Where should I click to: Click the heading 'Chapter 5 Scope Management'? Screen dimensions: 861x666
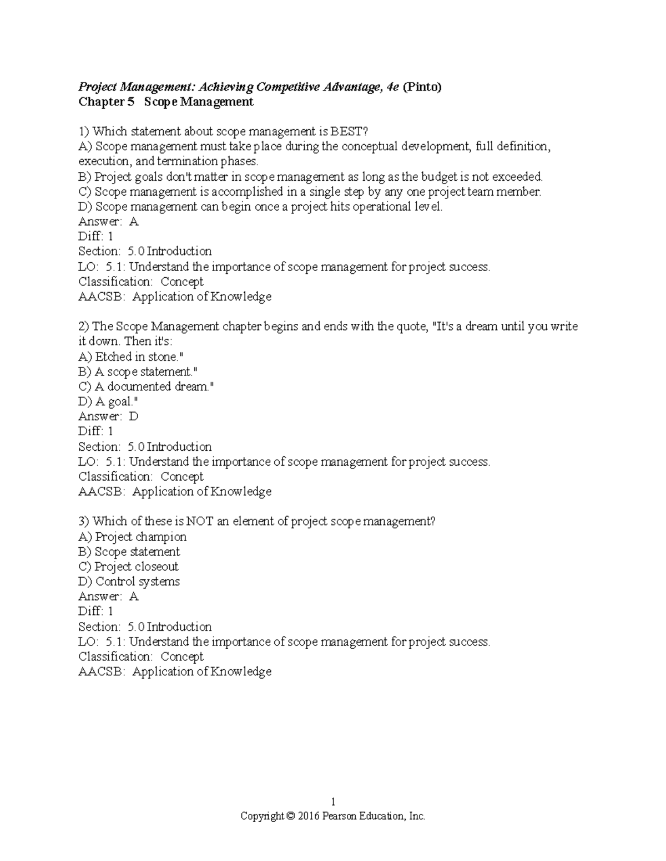coord(166,102)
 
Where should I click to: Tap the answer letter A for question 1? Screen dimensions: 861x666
coord(133,222)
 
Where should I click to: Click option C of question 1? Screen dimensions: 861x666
coord(310,192)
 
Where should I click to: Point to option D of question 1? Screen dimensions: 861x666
coord(261,207)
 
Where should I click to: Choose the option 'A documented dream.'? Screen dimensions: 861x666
coord(146,387)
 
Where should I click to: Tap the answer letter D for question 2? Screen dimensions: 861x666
coord(133,416)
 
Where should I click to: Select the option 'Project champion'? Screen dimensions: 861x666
coord(133,537)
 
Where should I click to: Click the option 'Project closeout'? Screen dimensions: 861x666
coord(129,567)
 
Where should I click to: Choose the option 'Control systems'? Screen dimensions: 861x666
coord(129,582)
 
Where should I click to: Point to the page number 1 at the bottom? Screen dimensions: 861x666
coord(333,802)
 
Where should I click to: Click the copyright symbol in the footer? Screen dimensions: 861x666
coord(290,817)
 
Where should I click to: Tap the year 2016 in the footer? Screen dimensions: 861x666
coord(309,817)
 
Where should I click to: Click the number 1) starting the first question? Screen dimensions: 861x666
coord(84,132)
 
